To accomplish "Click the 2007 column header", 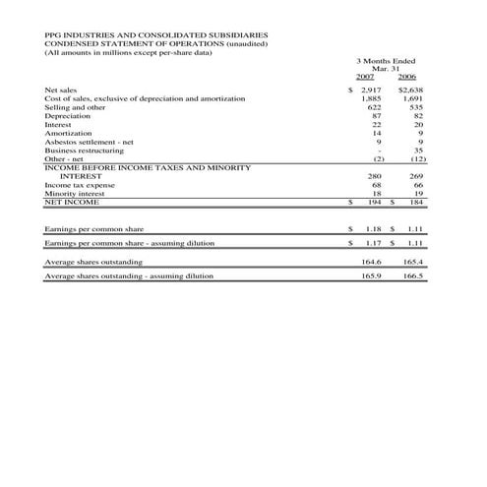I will [365, 76].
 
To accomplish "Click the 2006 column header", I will [407, 76].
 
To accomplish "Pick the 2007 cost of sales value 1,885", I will [371, 99].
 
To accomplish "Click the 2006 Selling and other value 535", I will [415, 108].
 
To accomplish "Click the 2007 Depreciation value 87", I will [375, 117].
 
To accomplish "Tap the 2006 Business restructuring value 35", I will [417, 151].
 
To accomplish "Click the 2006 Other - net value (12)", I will [416, 158].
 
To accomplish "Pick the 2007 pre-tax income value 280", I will [374, 176].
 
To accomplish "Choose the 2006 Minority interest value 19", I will [417, 193].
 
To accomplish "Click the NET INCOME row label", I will [72, 202].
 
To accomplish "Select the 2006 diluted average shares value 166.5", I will [413, 276].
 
